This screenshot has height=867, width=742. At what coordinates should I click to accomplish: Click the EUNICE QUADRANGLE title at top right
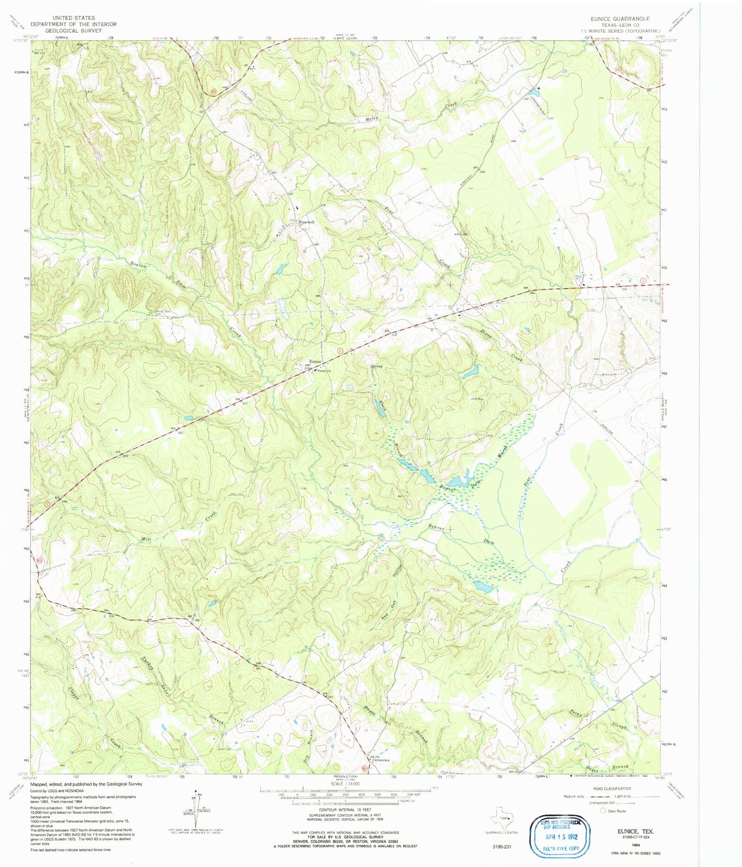pyautogui.click(x=620, y=18)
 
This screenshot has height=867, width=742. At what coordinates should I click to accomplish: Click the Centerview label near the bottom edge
pyautogui.click(x=380, y=760)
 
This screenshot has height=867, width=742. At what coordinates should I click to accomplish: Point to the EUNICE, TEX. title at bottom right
pyautogui.click(x=631, y=830)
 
